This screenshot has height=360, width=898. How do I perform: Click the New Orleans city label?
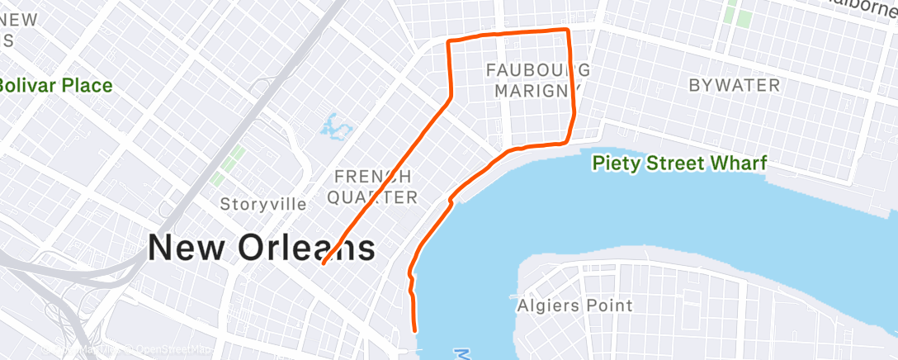261,248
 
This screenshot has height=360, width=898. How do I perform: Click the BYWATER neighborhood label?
734,85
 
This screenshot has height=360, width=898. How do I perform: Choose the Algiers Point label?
574,306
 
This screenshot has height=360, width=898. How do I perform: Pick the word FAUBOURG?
538,69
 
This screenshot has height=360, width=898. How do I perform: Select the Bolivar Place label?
54,85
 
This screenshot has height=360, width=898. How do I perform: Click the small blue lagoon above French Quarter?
334,126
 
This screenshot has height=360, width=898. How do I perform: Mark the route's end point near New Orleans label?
323,264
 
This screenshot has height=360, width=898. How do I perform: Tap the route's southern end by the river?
414,330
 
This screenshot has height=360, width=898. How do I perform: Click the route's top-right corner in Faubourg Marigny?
568,31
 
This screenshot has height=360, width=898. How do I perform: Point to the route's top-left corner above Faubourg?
448,40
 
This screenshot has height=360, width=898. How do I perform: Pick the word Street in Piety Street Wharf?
673,163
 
